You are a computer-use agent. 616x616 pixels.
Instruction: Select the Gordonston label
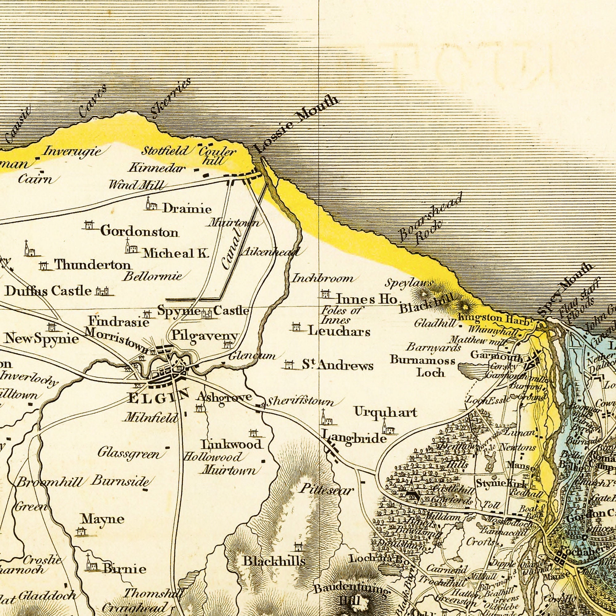[x=139, y=232]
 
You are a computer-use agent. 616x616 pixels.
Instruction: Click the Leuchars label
[x=339, y=332]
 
